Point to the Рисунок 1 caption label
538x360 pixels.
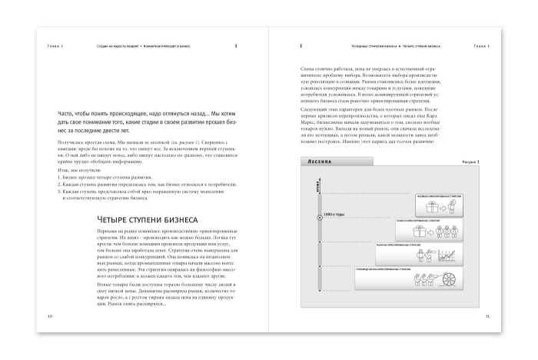coord(470,162)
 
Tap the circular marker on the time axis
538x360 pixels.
coord(320,217)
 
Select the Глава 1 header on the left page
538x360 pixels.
coord(54,46)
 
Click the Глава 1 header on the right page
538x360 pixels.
coord(482,46)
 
